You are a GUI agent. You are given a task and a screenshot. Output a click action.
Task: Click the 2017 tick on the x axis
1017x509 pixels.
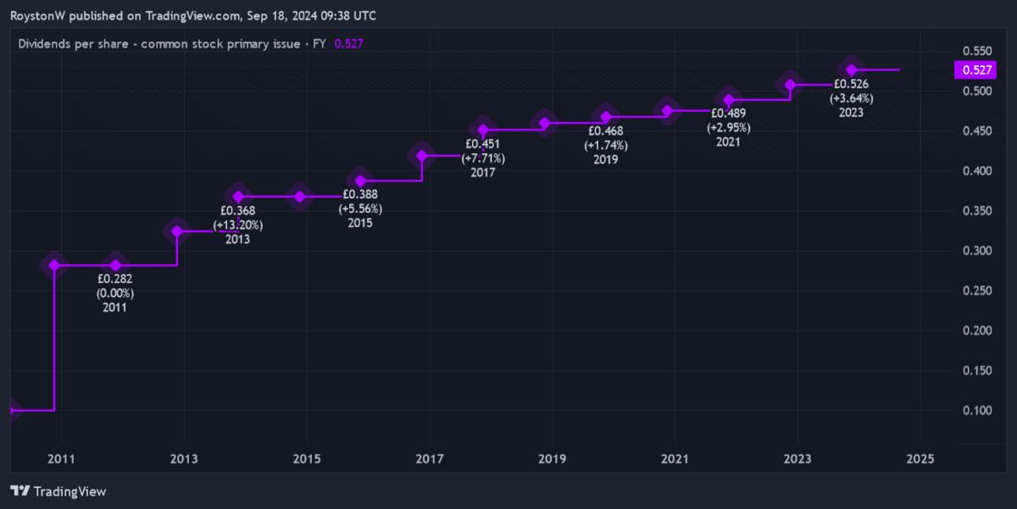point(430,459)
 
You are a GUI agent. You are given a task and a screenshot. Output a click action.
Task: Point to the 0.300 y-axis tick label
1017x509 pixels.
point(969,251)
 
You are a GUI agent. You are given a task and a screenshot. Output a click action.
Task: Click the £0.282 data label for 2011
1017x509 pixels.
point(115,278)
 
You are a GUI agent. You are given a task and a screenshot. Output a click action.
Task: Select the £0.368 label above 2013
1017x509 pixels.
point(238,211)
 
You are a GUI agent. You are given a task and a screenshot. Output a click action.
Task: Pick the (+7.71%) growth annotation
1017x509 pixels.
point(483,158)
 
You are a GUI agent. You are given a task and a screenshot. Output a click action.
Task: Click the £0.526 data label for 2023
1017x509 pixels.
point(852,84)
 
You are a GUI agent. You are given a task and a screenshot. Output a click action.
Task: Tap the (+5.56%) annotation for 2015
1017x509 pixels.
point(360,209)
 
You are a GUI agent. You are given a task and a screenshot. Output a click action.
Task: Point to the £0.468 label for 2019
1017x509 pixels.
point(606,131)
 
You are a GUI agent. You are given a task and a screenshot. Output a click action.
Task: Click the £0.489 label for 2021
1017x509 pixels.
point(728,113)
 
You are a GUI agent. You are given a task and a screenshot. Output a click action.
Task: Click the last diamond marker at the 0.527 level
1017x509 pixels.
point(852,69)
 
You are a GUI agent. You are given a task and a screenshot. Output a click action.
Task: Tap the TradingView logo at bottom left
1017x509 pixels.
point(58,490)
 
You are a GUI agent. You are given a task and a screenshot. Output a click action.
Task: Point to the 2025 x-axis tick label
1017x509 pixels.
point(920,459)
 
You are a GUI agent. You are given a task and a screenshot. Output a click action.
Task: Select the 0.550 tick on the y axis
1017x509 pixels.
point(969,51)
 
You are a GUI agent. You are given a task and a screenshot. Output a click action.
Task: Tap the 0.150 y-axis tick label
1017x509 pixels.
point(969,371)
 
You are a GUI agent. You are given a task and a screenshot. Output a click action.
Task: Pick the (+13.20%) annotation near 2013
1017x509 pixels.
point(238,225)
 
